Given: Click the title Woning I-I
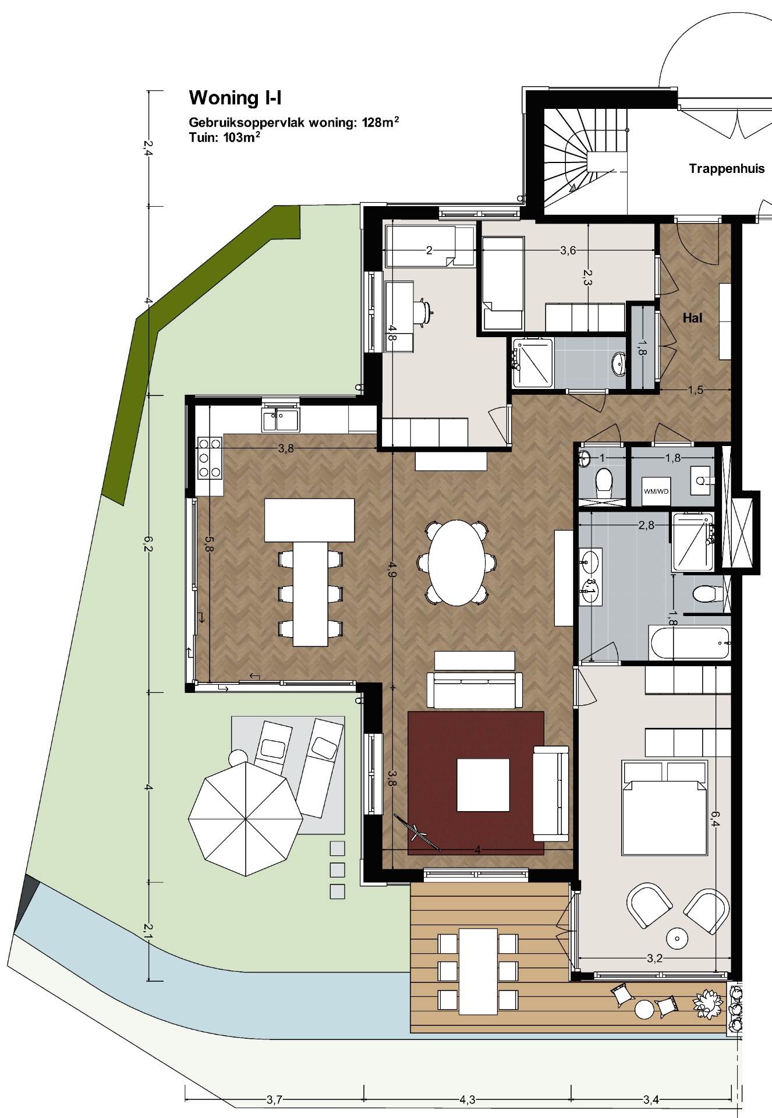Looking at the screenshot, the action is pos(235,98).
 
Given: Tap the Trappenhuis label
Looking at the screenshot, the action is pos(727,169).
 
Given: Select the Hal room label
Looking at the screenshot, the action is pos(692,318).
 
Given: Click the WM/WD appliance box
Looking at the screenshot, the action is pos(656,491).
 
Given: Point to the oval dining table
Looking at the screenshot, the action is pos(457,562).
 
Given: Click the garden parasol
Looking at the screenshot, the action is pos(246,818).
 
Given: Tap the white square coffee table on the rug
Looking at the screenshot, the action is pos(483,784).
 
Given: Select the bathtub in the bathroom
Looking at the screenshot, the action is pos(689,643).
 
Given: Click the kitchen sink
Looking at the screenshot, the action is pos(281,419).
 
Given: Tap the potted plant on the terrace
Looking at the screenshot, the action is pos(708,1004).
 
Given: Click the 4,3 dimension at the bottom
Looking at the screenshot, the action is pos(467,1099).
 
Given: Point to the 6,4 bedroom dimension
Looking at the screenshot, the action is pos(715,819).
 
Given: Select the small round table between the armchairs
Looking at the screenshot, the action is pos(677,937).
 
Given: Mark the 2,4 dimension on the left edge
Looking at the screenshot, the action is pos(148,148).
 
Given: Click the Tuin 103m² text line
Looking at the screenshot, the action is pos(224,137).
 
